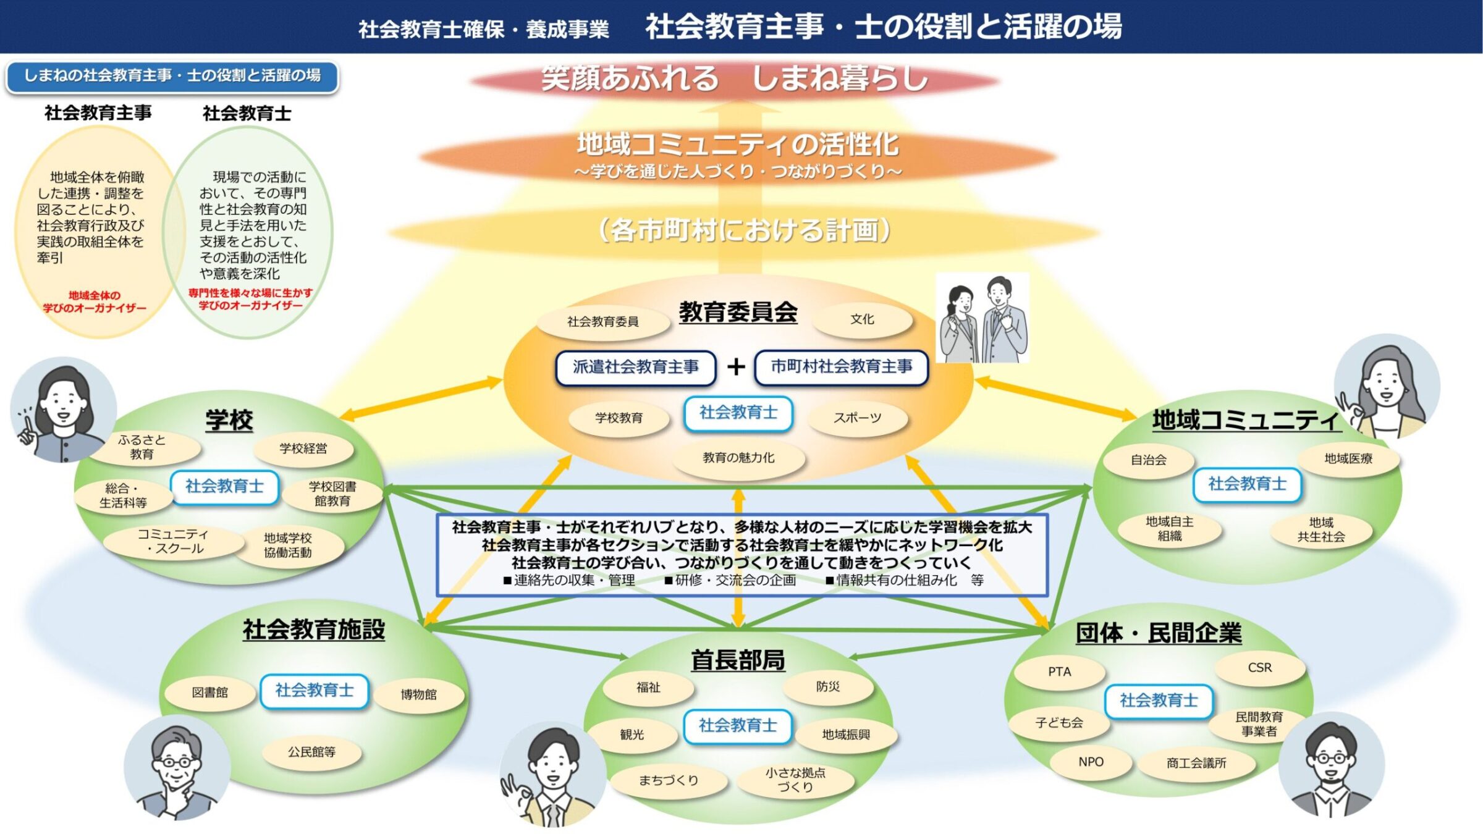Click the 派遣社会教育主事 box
(635, 367)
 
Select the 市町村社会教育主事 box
(841, 367)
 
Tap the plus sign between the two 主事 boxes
(735, 367)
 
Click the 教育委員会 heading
(738, 312)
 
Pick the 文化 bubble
(862, 319)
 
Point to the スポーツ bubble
(857, 418)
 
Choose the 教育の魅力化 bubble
(738, 458)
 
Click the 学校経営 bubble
(303, 449)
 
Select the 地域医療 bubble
(1348, 458)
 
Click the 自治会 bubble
(1148, 460)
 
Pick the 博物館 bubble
(418, 694)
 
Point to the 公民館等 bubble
(311, 752)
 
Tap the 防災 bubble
(827, 686)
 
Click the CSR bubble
(1259, 668)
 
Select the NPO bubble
(1091, 762)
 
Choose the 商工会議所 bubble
(1196, 763)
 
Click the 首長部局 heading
(738, 660)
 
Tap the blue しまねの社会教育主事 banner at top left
(172, 76)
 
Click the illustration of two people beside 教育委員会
(982, 318)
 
